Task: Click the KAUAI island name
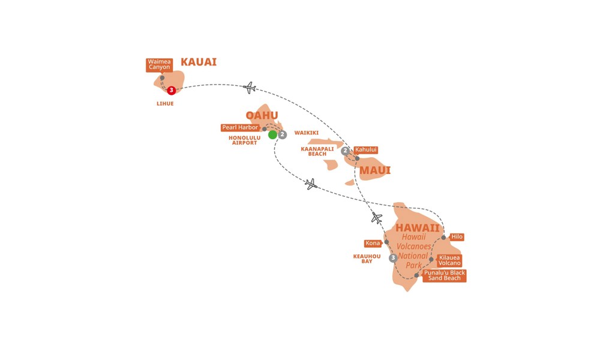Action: click(x=199, y=62)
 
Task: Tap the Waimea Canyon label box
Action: click(x=159, y=65)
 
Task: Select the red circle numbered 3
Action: click(x=172, y=90)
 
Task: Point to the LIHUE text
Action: click(x=165, y=104)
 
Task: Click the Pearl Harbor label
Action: click(x=241, y=127)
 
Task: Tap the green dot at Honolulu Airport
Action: click(x=272, y=134)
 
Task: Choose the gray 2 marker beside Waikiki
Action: click(x=283, y=134)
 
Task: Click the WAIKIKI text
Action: click(x=307, y=133)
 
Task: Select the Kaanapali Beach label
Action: click(x=317, y=151)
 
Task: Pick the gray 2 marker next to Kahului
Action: click(x=346, y=151)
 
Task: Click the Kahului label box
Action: click(x=366, y=150)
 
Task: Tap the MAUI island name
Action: click(x=375, y=170)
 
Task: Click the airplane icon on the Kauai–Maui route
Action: click(x=250, y=88)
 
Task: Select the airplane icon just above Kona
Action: click(x=377, y=218)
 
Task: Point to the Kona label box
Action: click(x=373, y=244)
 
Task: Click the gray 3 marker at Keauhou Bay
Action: click(x=393, y=258)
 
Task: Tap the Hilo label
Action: click(x=457, y=237)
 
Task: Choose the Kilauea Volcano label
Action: click(x=449, y=260)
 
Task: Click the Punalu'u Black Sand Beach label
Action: click(x=444, y=275)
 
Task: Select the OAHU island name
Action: click(x=262, y=115)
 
